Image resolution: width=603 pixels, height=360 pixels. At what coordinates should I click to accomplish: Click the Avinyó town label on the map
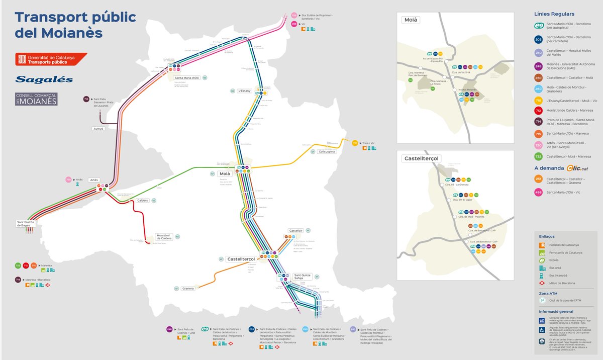tap(98, 129)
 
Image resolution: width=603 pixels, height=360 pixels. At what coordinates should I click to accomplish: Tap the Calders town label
tap(142, 201)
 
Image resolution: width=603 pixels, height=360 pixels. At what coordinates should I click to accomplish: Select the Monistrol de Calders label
tap(164, 237)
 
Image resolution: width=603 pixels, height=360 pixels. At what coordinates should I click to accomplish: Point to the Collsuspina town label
tap(327, 151)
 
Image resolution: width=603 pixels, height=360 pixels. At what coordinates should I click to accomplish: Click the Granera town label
tap(188, 289)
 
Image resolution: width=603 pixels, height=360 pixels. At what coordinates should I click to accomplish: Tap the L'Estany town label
tap(245, 91)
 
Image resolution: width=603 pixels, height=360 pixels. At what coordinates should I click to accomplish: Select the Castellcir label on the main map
tap(296, 230)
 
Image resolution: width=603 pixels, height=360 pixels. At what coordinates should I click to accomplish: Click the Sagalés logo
tap(44, 79)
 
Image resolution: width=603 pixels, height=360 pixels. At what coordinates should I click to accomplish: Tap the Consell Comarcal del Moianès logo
tap(36, 99)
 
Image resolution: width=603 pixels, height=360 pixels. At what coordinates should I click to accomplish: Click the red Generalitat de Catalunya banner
tap(50, 59)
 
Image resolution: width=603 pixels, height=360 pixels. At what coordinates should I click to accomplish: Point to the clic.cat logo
tap(577, 168)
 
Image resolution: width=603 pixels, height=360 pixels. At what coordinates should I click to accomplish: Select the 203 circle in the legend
tap(538, 39)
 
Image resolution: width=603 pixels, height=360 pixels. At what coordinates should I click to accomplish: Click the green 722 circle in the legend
tap(538, 156)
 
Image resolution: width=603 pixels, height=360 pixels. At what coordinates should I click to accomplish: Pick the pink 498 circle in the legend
tap(538, 192)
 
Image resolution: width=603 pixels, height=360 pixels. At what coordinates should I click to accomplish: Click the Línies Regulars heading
tap(554, 14)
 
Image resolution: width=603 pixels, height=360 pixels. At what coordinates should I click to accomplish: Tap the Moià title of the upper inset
tap(411, 20)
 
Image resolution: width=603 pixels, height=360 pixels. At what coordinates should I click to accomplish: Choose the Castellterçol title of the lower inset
tap(421, 158)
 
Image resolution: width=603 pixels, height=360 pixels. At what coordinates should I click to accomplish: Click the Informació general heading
tap(556, 312)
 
